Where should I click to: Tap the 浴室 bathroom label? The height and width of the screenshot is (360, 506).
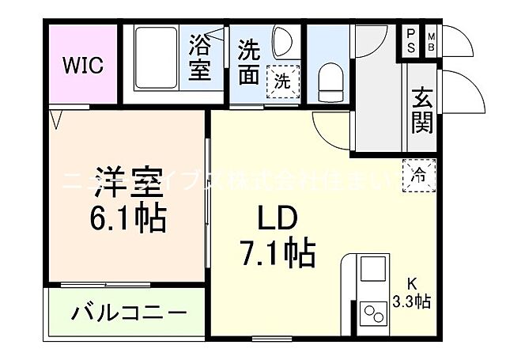tap(199, 59)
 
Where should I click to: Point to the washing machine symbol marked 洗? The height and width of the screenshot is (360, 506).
tap(282, 80)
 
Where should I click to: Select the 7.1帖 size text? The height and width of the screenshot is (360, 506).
tap(278, 253)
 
